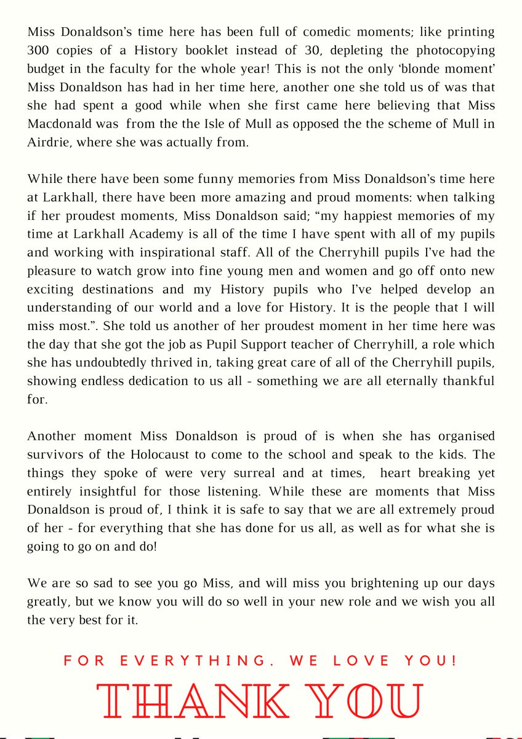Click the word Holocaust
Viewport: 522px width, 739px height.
158,454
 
